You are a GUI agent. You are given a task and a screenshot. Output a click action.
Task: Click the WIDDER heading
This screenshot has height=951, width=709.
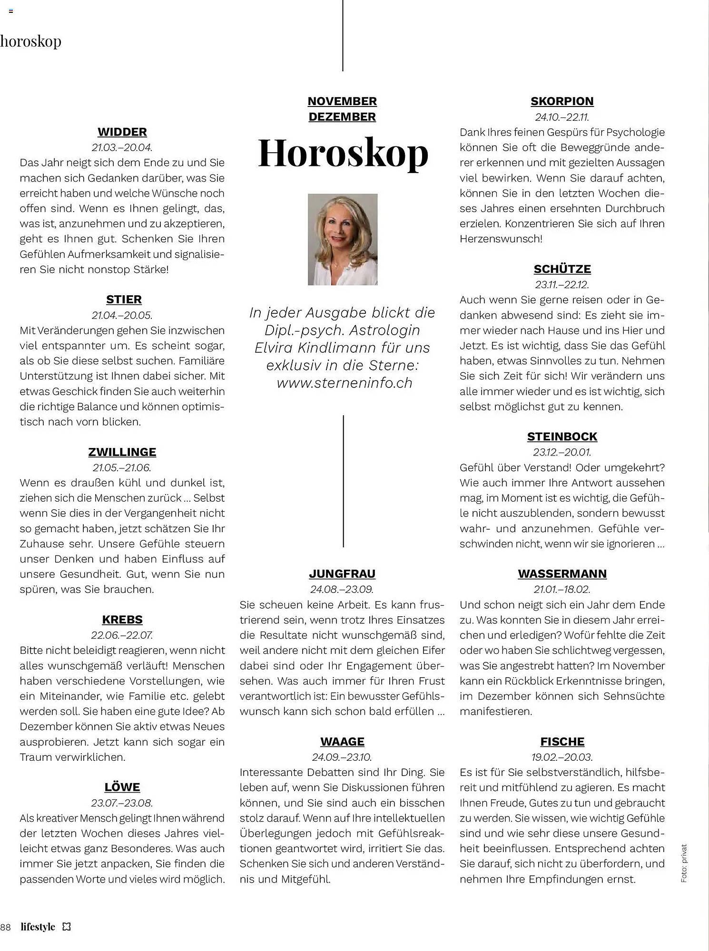point(122,132)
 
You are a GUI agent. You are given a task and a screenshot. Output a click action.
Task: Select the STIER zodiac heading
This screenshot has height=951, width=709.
point(124,300)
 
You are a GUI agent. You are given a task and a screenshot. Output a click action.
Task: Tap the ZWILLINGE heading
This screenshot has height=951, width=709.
point(122,452)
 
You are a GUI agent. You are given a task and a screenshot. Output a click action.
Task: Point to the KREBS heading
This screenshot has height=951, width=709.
point(122,620)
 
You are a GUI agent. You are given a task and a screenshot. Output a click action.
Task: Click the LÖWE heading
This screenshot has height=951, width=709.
point(122,787)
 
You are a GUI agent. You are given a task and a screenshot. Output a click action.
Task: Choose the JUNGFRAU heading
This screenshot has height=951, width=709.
point(342,573)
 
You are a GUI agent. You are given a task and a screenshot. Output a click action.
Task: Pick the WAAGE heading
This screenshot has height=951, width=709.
point(342,741)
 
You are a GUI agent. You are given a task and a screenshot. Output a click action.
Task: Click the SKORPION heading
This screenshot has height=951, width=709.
point(562,101)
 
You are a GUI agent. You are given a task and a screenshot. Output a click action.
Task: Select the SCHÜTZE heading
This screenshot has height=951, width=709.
point(562,269)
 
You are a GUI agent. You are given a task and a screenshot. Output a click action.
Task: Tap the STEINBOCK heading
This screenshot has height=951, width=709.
point(562,437)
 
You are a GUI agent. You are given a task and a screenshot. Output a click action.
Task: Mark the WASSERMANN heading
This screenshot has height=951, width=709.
point(562,573)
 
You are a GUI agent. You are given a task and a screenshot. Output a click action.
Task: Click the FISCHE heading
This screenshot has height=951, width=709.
point(562,741)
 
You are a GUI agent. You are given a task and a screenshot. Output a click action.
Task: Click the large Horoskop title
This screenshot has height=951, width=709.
point(343,153)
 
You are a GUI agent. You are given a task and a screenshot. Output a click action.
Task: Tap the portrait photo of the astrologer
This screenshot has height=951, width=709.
point(343,239)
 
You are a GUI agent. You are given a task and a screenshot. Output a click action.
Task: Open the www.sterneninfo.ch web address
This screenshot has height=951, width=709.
point(344,383)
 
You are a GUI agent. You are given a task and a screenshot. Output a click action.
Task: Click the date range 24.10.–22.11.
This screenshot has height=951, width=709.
point(562,117)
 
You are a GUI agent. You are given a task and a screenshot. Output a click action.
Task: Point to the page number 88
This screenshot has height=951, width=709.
point(6,927)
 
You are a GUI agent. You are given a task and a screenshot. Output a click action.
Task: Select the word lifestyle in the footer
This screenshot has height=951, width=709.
point(38,926)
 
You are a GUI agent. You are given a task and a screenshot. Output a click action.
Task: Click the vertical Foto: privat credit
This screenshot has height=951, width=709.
point(684,864)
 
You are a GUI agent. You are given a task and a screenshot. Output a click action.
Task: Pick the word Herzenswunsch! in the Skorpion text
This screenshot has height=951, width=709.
point(501,239)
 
